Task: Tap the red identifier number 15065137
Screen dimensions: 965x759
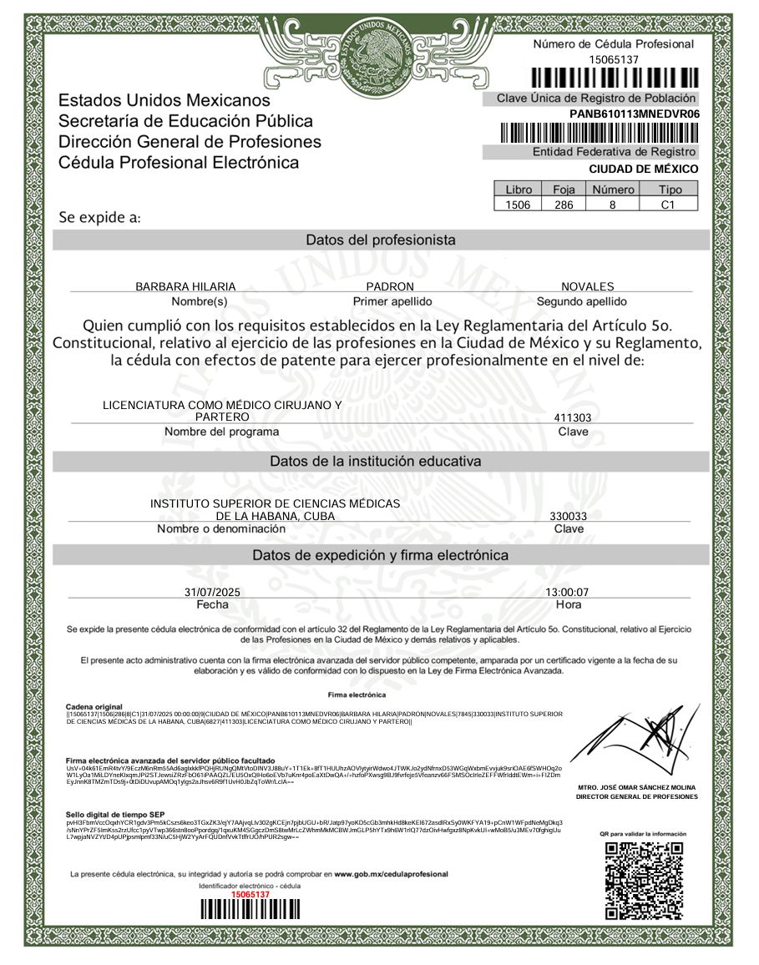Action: (250, 894)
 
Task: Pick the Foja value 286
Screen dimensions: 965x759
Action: (564, 205)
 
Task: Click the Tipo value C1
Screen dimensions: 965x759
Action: (667, 205)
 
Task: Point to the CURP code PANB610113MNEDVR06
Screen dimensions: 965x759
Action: (634, 114)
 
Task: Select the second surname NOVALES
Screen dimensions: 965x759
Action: (587, 286)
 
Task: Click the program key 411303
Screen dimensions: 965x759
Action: (573, 417)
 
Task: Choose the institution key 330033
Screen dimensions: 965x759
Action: (568, 516)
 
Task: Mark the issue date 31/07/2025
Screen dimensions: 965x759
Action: (212, 592)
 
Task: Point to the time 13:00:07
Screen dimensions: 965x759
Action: (567, 592)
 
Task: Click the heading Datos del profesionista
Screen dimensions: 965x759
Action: (381, 240)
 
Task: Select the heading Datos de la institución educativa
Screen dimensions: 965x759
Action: (375, 461)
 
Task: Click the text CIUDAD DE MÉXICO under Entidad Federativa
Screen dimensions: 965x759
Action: (643, 169)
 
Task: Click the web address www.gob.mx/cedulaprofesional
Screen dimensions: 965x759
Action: (391, 874)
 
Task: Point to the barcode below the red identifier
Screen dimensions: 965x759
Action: (250, 910)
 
